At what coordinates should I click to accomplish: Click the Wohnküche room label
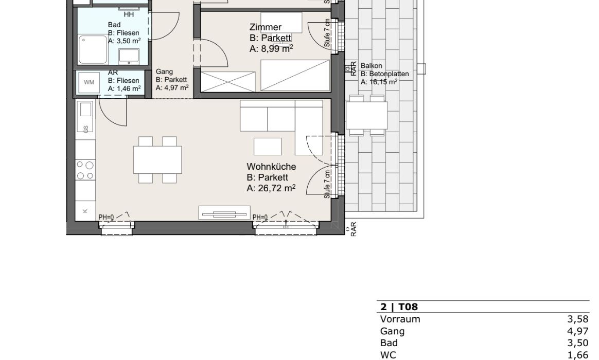click(x=271, y=167)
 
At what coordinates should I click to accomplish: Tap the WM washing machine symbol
click(x=89, y=82)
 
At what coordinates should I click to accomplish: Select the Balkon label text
click(x=372, y=66)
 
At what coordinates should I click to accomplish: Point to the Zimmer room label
click(x=266, y=27)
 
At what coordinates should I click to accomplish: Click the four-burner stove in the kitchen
click(x=85, y=170)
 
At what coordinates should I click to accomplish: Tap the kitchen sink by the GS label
click(x=85, y=109)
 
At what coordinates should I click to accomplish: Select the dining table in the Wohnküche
click(x=157, y=159)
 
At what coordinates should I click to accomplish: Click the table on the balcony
click(x=367, y=116)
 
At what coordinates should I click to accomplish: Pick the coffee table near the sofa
click(x=268, y=147)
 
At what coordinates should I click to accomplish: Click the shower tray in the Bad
click(x=93, y=50)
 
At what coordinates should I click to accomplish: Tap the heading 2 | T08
click(x=399, y=307)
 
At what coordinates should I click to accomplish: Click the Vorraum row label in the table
click(x=400, y=319)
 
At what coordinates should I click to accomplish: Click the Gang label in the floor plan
click(x=164, y=72)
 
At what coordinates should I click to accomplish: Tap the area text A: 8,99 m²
click(x=271, y=49)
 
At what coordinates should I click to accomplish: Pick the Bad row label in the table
click(x=389, y=343)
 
